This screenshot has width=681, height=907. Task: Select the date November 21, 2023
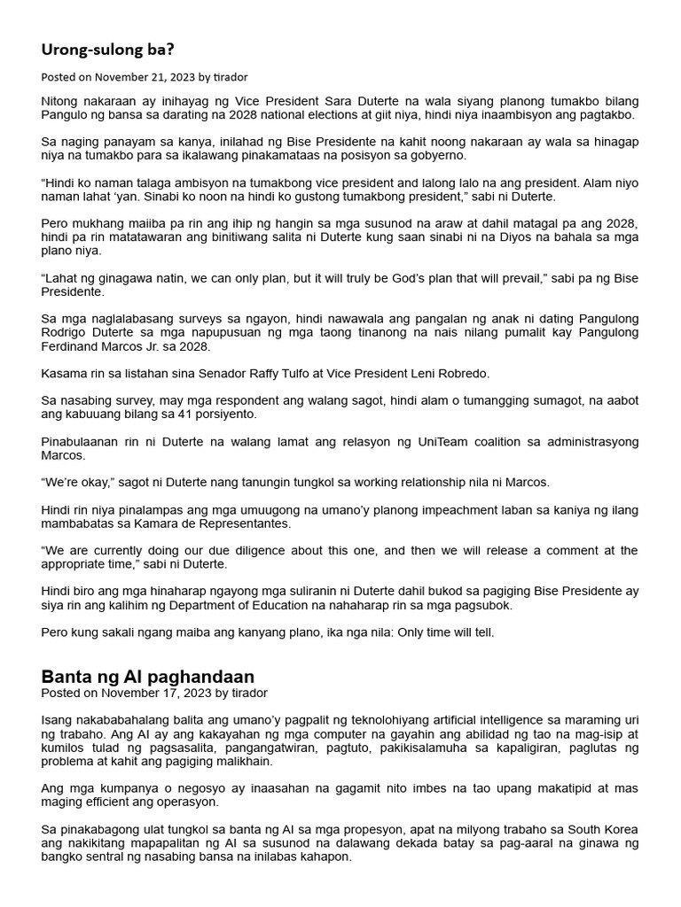point(145,77)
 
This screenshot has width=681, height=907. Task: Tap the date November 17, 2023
point(155,693)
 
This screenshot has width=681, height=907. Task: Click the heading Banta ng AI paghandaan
point(147,676)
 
